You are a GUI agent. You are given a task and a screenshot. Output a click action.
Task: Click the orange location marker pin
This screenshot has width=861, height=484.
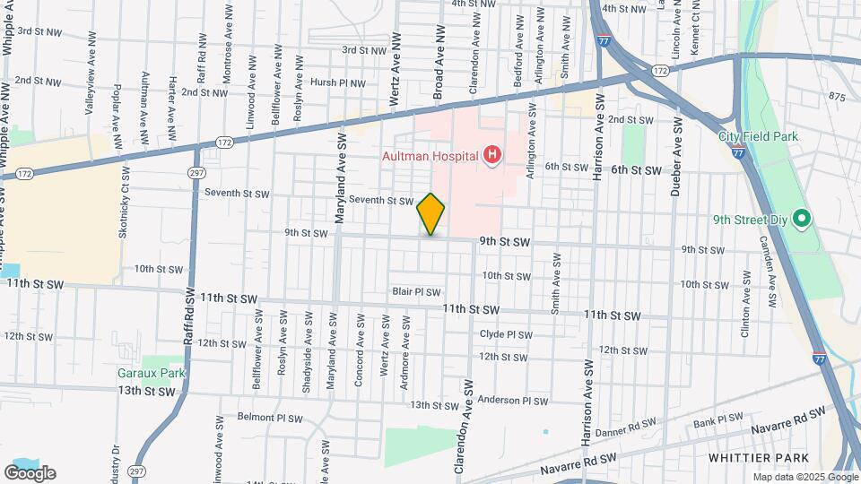(x=431, y=214)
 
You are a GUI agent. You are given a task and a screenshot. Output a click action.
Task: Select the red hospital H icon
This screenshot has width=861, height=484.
(x=491, y=157)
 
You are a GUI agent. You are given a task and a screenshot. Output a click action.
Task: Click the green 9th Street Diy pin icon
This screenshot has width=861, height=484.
(x=804, y=218)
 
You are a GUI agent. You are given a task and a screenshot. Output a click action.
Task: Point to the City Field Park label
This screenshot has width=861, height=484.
(x=759, y=136)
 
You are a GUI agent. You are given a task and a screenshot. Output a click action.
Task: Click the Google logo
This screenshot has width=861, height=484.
(x=30, y=473)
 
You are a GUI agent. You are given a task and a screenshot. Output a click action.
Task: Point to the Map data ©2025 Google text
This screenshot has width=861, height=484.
(x=805, y=478)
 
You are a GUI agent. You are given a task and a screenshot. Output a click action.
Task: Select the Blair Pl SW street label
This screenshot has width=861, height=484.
(x=416, y=292)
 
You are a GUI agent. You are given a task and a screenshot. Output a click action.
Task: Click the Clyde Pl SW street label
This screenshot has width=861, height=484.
(x=506, y=333)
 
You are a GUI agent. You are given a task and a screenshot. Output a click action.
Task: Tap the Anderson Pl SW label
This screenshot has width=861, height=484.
(x=512, y=401)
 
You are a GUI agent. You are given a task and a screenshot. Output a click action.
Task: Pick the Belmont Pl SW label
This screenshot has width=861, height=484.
(x=269, y=418)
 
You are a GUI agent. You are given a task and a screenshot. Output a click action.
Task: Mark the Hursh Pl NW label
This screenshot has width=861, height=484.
(x=337, y=82)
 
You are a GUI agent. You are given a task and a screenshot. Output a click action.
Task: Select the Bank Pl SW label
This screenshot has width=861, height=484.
(x=717, y=419)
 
